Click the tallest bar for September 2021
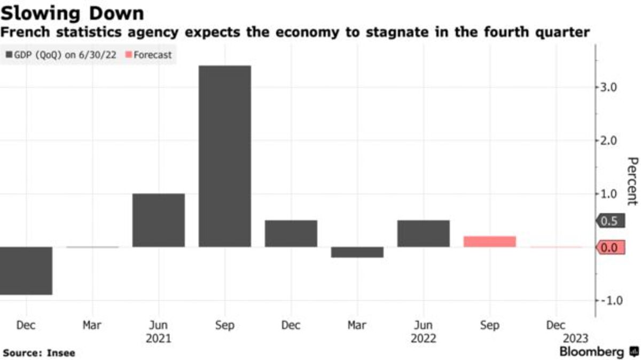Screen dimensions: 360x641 [x=224, y=156]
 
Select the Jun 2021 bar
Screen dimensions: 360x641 [x=158, y=220]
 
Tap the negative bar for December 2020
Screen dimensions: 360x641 [x=26, y=270]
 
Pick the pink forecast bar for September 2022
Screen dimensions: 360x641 [x=489, y=241]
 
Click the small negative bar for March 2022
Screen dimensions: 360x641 [x=357, y=252]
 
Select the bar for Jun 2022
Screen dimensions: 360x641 [x=423, y=233]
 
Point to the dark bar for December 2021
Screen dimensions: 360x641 [x=291, y=233]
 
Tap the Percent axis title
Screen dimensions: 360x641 [x=632, y=181]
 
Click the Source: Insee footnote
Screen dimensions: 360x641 [x=38, y=353]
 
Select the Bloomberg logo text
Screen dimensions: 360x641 [x=591, y=352]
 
